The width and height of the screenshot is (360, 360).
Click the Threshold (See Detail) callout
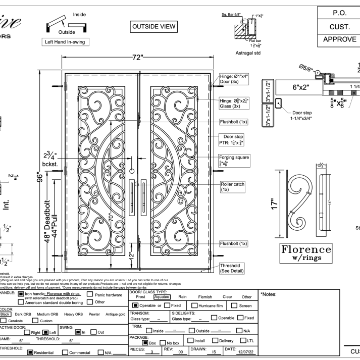pyautogui.click(x=235, y=269)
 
